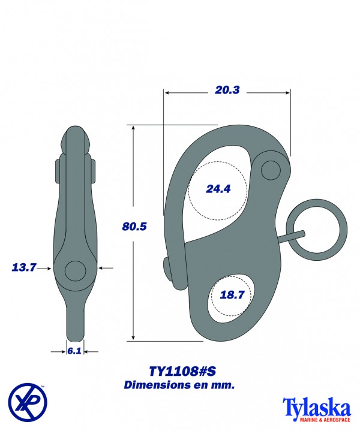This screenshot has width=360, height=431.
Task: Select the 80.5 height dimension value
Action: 134,227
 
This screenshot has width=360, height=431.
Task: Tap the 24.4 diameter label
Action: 218,189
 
